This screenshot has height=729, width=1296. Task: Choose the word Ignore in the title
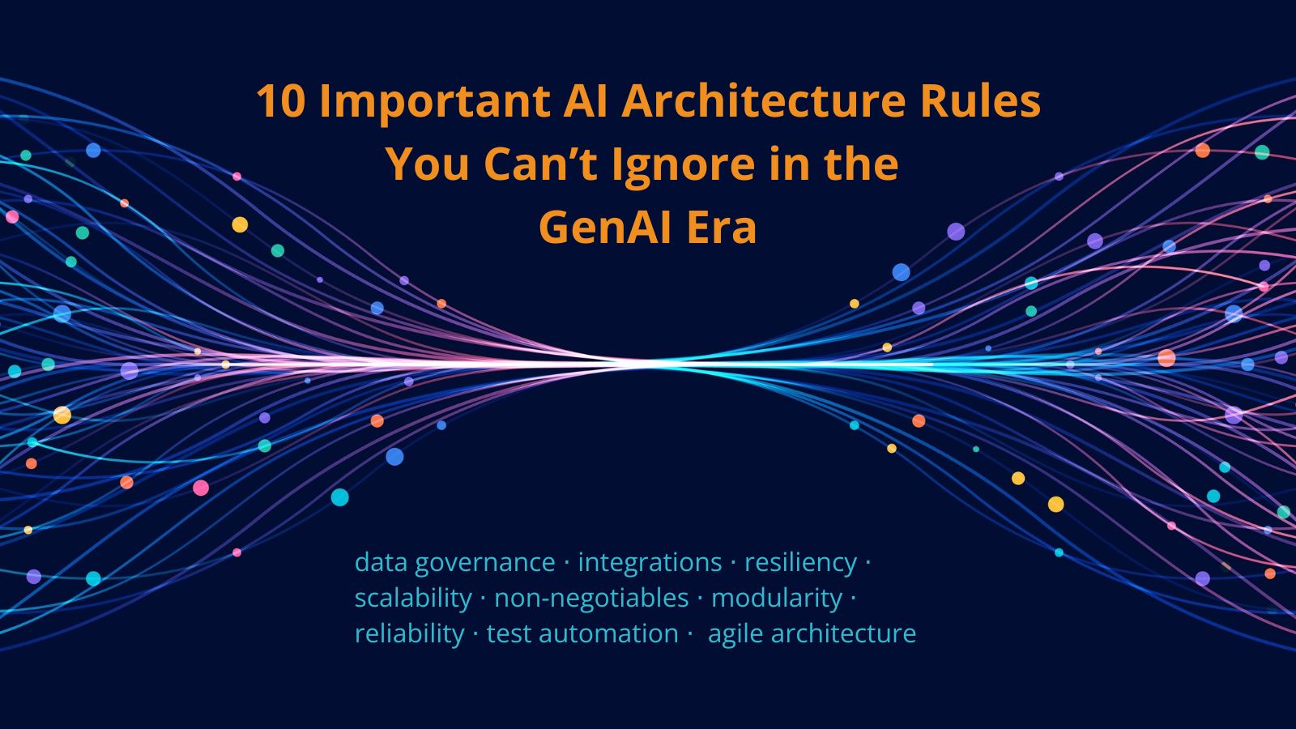(688, 165)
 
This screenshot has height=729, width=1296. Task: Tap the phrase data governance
(454, 563)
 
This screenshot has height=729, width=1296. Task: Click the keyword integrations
(650, 562)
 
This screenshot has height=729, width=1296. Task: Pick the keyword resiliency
(800, 563)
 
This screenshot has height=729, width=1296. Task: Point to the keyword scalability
(413, 599)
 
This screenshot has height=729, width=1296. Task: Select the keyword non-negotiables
(591, 599)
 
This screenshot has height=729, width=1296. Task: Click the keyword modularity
(777, 599)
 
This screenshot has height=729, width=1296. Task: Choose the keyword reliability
(409, 634)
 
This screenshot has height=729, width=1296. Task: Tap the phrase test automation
(582, 633)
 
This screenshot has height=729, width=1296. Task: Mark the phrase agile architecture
(812, 634)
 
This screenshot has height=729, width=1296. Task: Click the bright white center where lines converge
(648, 364)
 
